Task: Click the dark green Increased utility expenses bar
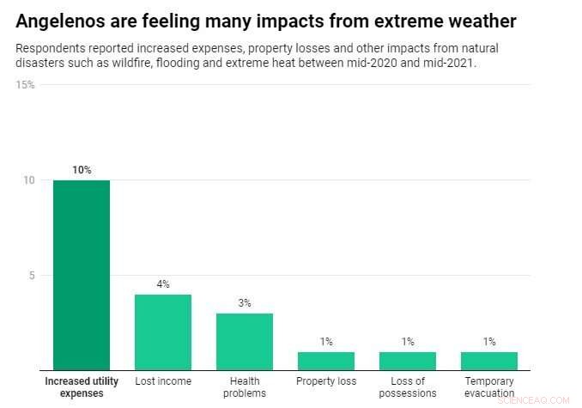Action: tap(82, 275)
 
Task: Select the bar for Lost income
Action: tap(163, 332)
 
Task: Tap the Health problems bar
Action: tap(245, 342)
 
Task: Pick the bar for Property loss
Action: tap(326, 361)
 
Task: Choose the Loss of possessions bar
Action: tap(408, 361)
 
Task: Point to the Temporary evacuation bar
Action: tap(489, 361)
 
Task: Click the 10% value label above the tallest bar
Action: tap(82, 170)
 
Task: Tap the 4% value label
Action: tap(163, 284)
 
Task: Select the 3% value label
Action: tap(245, 303)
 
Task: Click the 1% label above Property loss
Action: tap(326, 342)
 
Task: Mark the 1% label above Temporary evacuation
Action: tap(489, 342)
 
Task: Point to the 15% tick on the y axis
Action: tap(26, 85)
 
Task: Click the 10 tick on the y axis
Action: tap(29, 180)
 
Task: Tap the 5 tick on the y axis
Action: tap(32, 276)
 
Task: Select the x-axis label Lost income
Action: tap(163, 381)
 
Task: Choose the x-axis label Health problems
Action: tap(245, 387)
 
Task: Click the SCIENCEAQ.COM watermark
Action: tap(532, 400)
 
